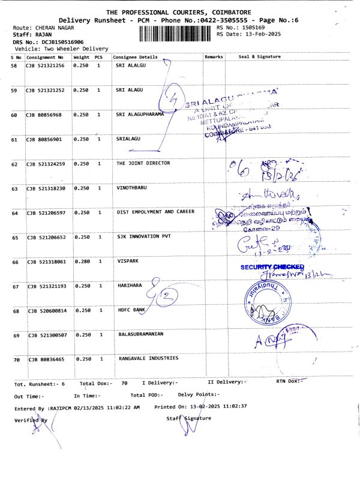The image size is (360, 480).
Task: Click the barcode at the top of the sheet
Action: (176, 32)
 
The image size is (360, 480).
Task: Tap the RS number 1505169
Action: (251, 28)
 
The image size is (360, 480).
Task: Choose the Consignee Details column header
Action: (136, 57)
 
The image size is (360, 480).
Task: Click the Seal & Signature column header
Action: (259, 56)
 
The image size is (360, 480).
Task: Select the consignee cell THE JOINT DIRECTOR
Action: (143, 163)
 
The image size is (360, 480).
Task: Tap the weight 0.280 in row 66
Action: (80, 261)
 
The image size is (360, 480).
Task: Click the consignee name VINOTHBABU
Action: (131, 188)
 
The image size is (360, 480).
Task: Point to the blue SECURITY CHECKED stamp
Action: (272, 267)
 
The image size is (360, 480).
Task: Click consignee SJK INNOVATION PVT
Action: (143, 236)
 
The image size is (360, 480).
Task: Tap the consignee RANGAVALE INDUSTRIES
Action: (148, 358)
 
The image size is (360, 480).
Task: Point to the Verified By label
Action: (31, 420)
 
